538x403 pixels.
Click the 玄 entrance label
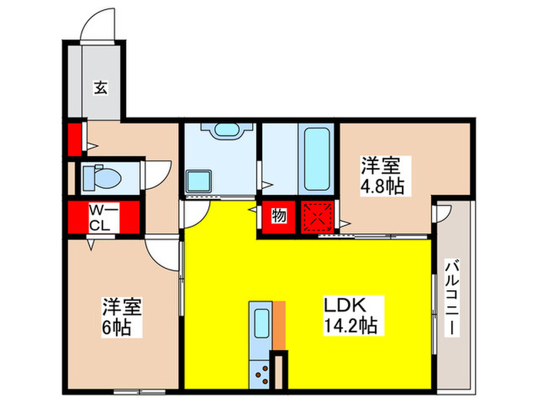[x=101, y=87]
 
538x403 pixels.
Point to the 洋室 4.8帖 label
[x=383, y=176]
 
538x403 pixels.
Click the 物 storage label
[x=278, y=216]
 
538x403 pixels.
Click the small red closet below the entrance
[x=75, y=138]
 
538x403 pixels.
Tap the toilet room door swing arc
[x=157, y=173]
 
